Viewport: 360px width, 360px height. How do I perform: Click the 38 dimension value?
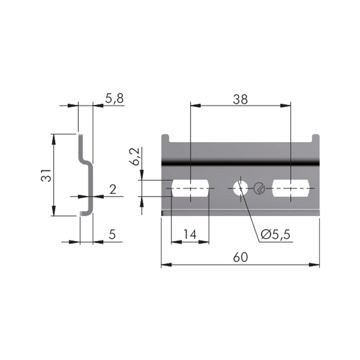240,100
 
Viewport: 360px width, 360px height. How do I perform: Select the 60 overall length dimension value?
240,257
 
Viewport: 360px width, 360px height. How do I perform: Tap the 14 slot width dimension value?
190,235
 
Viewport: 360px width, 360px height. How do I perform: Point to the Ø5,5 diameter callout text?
276,234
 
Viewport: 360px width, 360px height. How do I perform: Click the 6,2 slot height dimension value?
135,157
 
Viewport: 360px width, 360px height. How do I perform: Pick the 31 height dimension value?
46,175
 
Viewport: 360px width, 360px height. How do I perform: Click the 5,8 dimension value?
114,98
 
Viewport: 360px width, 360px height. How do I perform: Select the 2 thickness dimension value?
113,189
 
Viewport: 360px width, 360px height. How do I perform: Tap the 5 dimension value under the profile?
112,234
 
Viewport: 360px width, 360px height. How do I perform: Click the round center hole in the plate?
240,189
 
